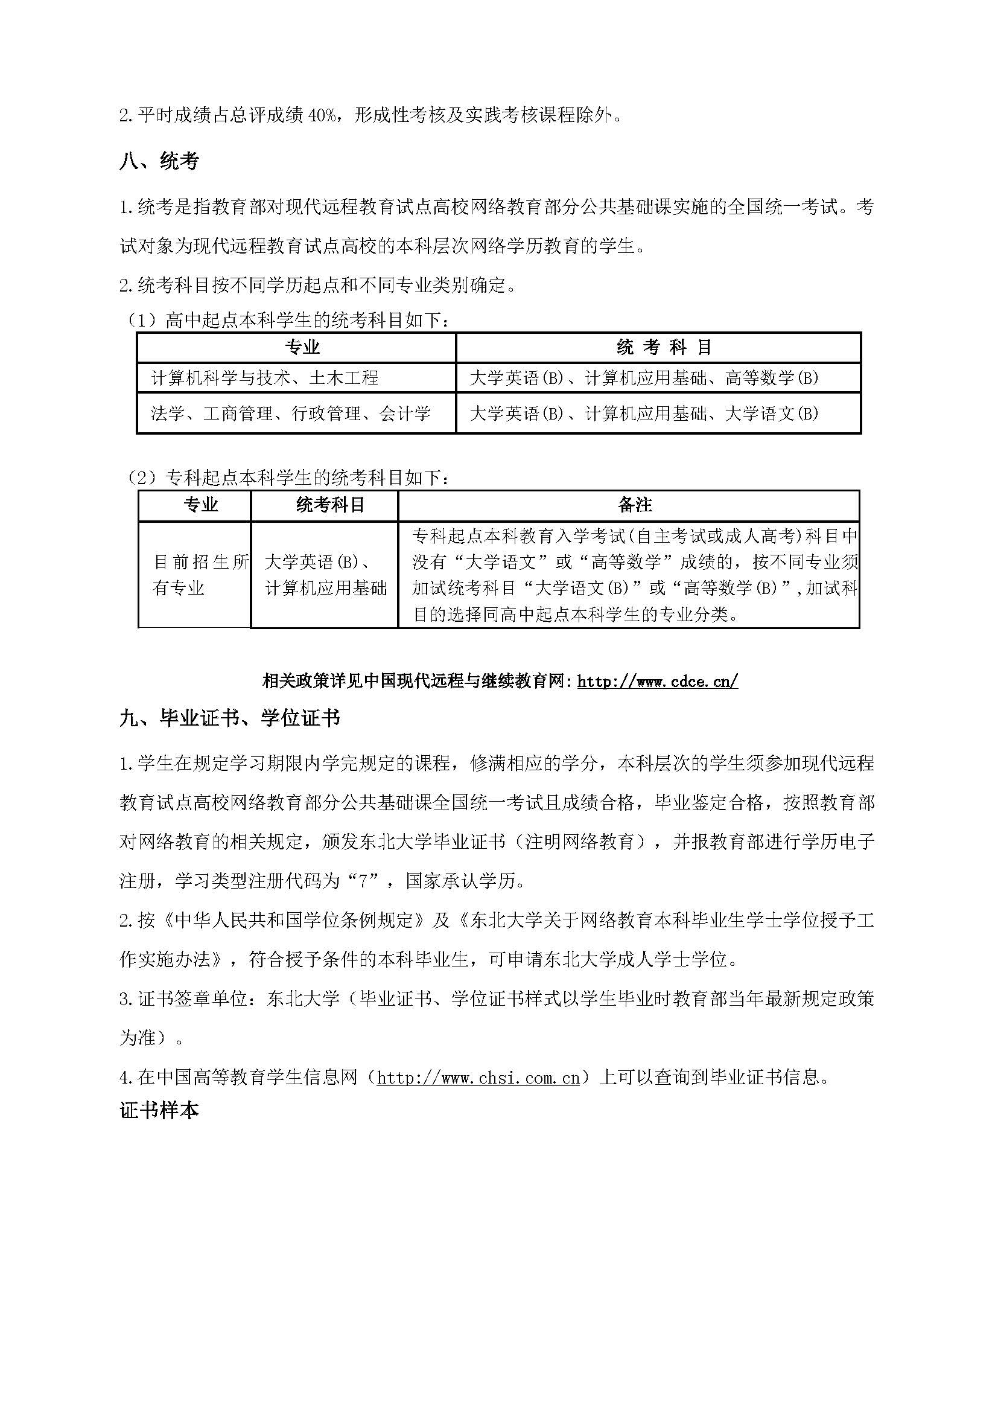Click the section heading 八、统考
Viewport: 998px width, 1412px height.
pos(159,162)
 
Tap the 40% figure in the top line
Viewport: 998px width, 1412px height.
pos(320,115)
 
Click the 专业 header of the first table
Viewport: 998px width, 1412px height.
pos(302,348)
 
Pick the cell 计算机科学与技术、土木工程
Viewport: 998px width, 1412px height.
pos(265,377)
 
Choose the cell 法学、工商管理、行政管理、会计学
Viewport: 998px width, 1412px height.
pos(291,414)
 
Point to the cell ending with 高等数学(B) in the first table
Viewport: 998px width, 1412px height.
pos(644,377)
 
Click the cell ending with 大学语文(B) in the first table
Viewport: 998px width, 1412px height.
pos(644,414)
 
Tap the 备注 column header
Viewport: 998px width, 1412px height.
pos(635,505)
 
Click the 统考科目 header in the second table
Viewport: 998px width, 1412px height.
pos(331,505)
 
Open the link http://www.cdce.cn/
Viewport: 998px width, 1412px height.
pos(657,682)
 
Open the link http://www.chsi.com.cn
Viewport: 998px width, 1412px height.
pos(478,1078)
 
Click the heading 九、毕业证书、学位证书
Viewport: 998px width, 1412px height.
pos(229,718)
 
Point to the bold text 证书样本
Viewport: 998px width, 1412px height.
pos(159,1111)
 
